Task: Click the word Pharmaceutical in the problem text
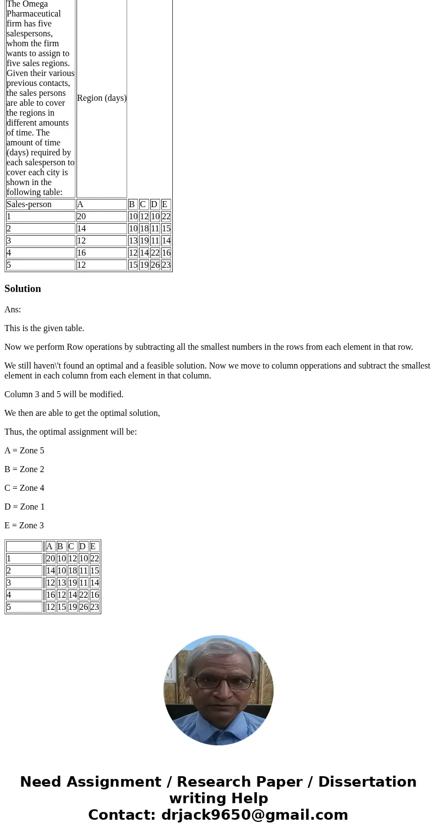pos(34,13)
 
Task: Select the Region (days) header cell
pos(102,98)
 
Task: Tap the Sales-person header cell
pos(29,204)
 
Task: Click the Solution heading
pos(23,289)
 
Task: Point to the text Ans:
pos(13,310)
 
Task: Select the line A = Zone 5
pos(24,451)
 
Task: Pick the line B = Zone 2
pos(24,469)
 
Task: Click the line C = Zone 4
pos(24,488)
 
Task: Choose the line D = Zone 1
pos(24,507)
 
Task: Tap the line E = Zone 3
pos(24,526)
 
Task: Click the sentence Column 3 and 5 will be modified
pos(64,394)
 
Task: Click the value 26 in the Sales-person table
pos(155,265)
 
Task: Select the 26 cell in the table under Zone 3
pos(84,607)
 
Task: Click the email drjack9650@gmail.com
pos(254,815)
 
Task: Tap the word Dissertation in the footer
pos(367,782)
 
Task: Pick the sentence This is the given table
pos(45,328)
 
